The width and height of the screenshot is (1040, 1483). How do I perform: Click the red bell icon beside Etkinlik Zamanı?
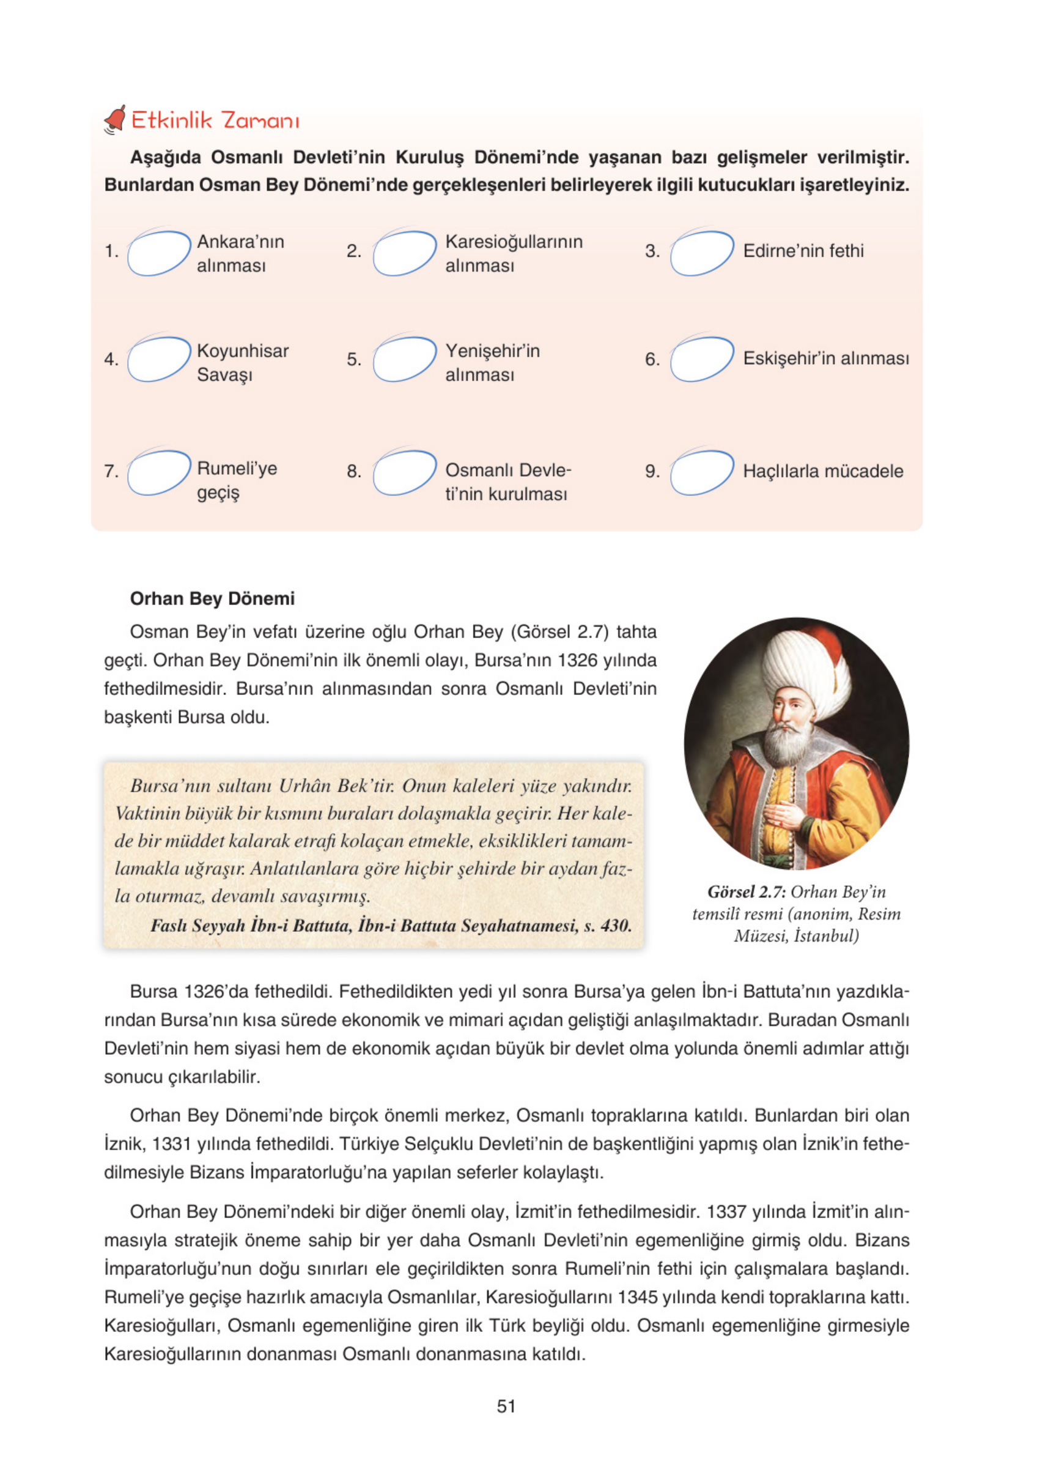coord(115,120)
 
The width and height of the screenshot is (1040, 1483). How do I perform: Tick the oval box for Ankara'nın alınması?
coord(159,253)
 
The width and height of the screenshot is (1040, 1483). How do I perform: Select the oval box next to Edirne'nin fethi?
coord(702,253)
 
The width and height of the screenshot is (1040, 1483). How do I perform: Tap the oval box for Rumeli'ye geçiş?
coord(159,472)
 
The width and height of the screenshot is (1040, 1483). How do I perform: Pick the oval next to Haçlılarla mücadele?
coord(702,472)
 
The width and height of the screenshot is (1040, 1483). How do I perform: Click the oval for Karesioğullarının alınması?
coord(405,253)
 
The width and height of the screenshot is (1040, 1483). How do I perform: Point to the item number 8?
coord(353,472)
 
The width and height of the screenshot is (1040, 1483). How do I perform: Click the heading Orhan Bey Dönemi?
coord(212,599)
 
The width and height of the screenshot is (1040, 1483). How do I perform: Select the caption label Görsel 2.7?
coord(746,892)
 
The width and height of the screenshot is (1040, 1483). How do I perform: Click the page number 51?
coord(506,1406)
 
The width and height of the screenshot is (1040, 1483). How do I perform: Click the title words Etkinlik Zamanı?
coord(215,121)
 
